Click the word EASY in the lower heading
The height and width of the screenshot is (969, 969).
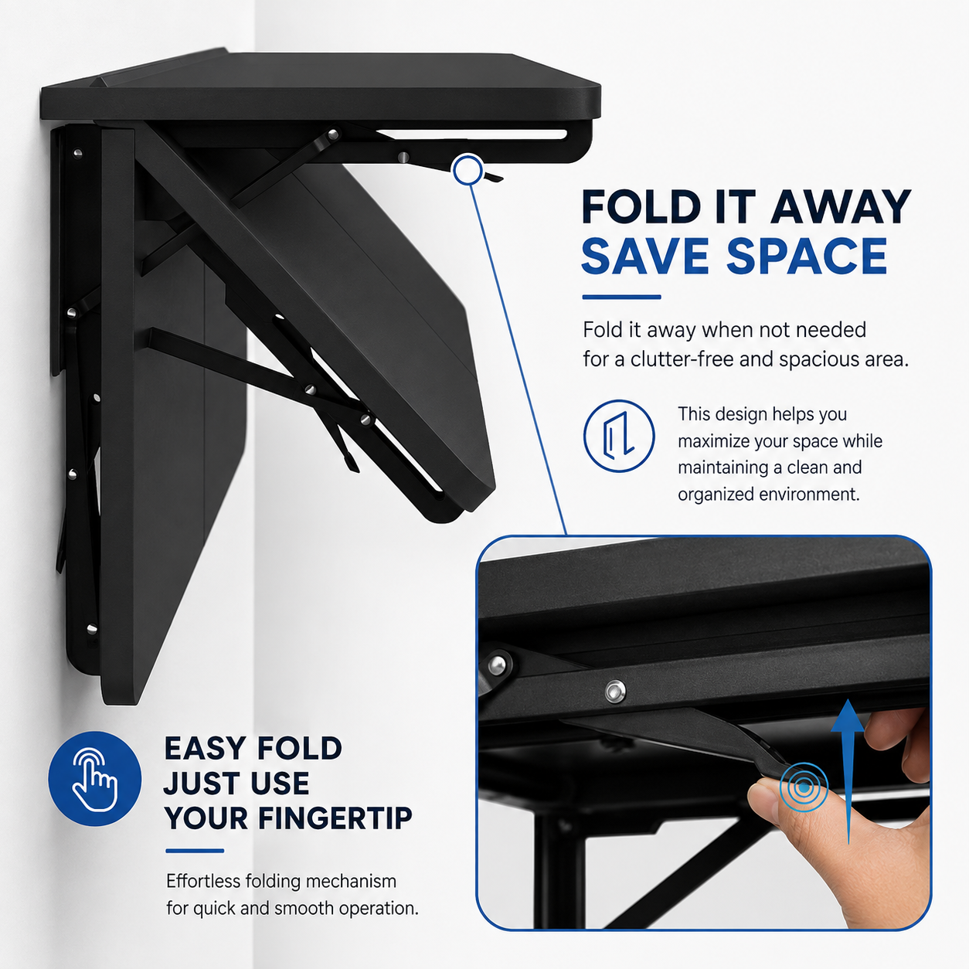coord(206,748)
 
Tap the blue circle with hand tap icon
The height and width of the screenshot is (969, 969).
coord(94,779)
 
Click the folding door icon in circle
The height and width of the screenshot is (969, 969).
coord(619,436)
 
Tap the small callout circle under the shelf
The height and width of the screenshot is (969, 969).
coord(467,169)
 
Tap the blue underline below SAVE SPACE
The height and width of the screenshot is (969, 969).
coord(621,297)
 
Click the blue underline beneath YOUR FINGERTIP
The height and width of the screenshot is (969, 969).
coord(195,851)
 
